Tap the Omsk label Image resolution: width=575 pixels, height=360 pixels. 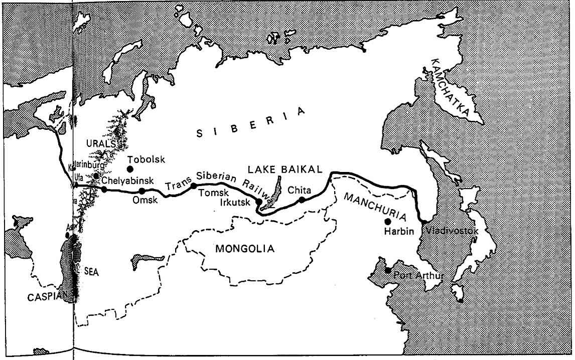145,200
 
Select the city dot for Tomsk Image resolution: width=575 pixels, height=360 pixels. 193,186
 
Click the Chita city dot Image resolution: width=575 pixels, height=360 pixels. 302,200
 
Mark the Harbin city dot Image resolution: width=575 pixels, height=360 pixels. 387,221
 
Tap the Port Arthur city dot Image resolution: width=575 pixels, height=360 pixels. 387,270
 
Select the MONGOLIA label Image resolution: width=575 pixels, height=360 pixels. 245,248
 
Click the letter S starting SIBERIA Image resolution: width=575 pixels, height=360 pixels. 199,133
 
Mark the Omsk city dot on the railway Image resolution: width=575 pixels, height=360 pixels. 142,191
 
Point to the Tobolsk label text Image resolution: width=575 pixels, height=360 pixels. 145,159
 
